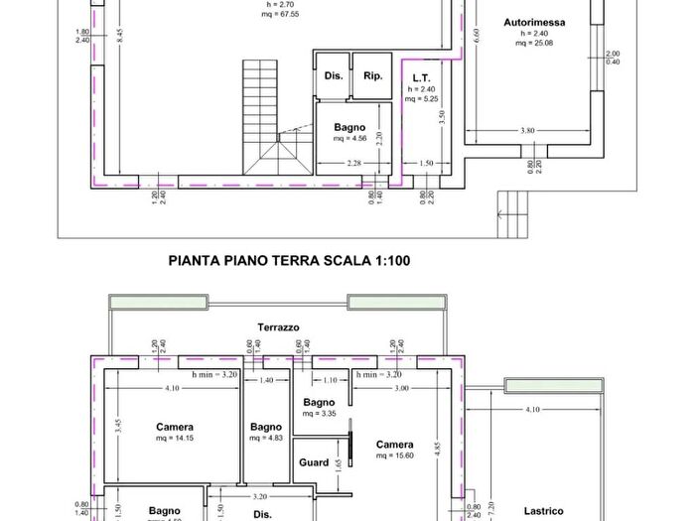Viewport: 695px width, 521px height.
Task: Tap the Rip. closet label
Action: [372, 75]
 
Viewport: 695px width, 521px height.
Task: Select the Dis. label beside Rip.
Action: [332, 75]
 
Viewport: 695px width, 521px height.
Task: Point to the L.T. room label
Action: [421, 76]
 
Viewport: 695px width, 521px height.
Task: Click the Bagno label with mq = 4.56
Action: [349, 128]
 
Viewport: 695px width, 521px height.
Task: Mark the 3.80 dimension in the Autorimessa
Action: [527, 130]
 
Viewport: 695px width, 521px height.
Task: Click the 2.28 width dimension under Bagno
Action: [352, 163]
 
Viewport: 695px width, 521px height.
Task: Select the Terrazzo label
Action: [278, 326]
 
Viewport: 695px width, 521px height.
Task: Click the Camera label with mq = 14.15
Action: [175, 428]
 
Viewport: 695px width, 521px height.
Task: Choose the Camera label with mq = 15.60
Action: [394, 445]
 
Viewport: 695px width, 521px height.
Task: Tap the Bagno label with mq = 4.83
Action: [266, 427]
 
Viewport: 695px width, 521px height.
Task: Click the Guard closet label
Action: [314, 462]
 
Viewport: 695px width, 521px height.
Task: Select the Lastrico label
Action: [544, 511]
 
